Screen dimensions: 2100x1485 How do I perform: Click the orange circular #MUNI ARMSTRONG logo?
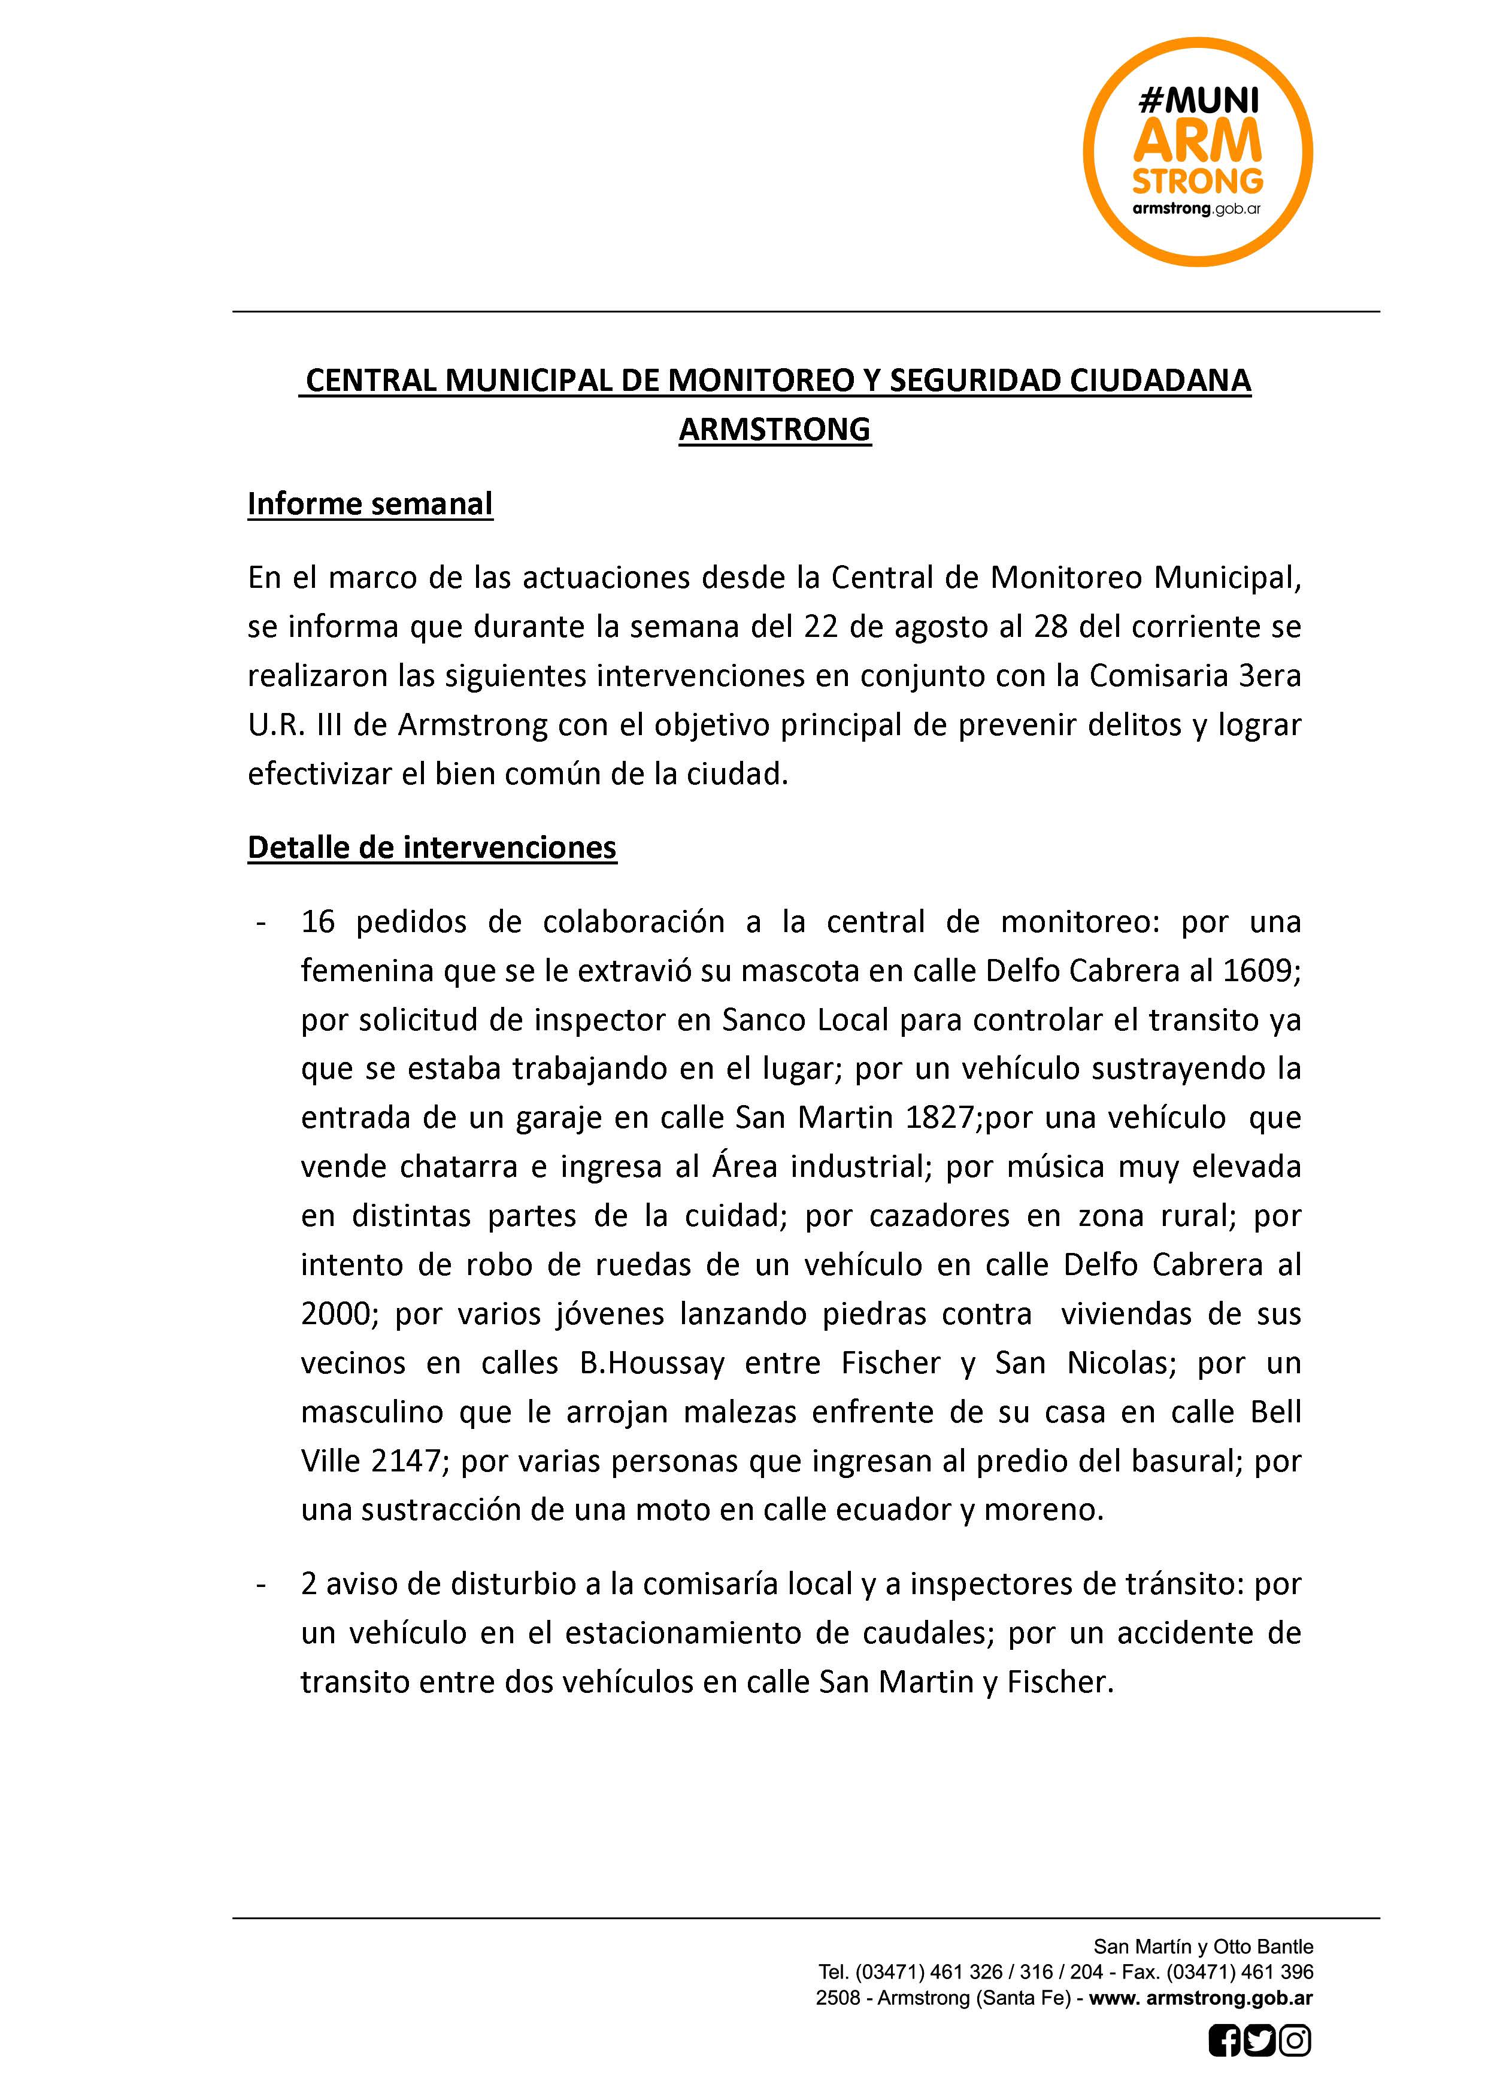coord(1198,152)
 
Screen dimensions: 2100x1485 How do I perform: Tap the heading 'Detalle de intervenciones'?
coord(432,847)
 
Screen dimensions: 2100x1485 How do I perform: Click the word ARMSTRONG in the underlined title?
coord(774,429)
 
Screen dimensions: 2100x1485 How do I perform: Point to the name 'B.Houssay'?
coord(651,1363)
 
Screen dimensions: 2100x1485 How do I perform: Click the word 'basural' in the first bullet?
coord(1184,1461)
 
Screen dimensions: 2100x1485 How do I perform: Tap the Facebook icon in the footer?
coord(1225,2066)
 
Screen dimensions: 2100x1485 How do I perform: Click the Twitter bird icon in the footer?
coord(1260,2066)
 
